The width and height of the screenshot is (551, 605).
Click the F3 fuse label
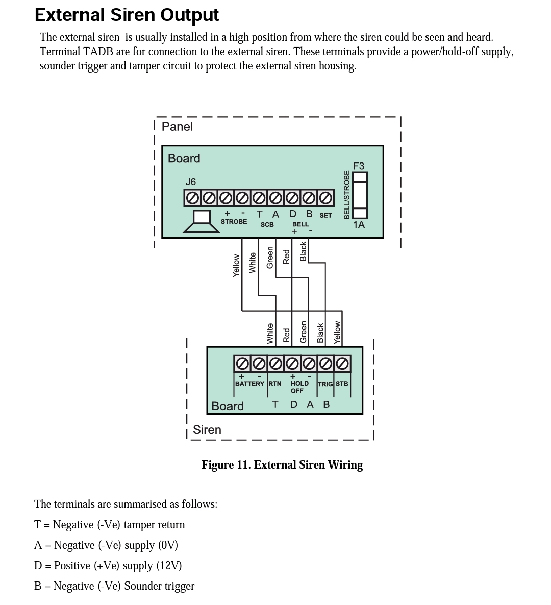[359, 166]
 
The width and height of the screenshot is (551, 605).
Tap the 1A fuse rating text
[359, 225]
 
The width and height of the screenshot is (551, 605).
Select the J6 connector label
[190, 182]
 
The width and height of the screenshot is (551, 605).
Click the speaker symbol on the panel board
[202, 222]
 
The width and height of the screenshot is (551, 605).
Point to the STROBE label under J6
[234, 222]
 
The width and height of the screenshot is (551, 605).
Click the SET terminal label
[325, 215]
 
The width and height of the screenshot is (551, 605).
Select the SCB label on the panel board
[267, 225]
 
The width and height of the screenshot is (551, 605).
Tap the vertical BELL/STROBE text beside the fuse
[347, 195]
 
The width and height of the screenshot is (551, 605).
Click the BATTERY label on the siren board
[249, 384]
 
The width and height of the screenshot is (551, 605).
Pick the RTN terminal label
[275, 384]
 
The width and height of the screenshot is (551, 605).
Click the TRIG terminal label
[325, 384]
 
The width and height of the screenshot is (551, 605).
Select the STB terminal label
[342, 384]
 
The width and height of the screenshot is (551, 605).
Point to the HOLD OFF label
[299, 387]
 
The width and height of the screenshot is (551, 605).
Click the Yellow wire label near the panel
[236, 266]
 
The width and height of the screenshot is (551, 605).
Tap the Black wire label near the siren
[320, 333]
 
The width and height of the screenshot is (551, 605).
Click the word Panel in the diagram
[177, 127]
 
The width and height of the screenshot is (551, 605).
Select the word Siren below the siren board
[207, 430]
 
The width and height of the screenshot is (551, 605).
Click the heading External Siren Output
[127, 15]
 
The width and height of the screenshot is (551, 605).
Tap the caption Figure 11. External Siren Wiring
[282, 465]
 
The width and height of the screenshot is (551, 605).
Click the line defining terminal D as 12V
[108, 566]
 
